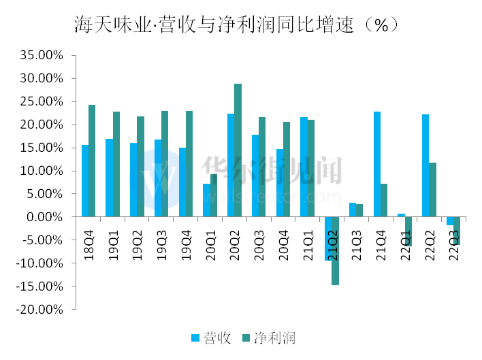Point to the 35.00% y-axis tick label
[x=42, y=55]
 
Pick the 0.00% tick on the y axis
[x=45, y=217]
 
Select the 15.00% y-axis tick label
[x=42, y=148]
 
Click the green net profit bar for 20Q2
[x=238, y=150]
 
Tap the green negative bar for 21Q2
[x=336, y=250]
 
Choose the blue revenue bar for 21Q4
[x=377, y=164]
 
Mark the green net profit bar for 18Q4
[x=92, y=161]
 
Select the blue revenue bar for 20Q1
[x=207, y=200]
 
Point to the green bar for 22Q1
[x=408, y=231]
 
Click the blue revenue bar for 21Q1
[x=304, y=167]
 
